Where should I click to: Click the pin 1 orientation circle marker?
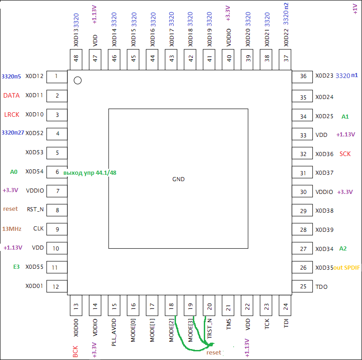pyautogui.click(x=78, y=81)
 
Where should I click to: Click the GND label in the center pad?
pyautogui.click(x=178, y=179)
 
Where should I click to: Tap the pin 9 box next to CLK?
pyautogui.click(x=57, y=229)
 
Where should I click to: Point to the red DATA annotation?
pyautogui.click(x=11, y=95)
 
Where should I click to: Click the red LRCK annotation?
pyautogui.click(x=11, y=115)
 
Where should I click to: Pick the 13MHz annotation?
pyautogui.click(x=11, y=229)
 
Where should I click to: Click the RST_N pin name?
pyautogui.click(x=35, y=210)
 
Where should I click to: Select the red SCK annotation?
pyautogui.click(x=345, y=154)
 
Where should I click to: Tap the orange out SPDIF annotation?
pyautogui.click(x=347, y=267)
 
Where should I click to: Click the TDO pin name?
pyautogui.click(x=322, y=287)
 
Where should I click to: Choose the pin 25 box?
pyautogui.click(x=303, y=287)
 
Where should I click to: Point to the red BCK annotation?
pyautogui.click(x=76, y=351)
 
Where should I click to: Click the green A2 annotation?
pyautogui.click(x=343, y=249)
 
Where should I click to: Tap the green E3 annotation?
pyautogui.click(x=16, y=267)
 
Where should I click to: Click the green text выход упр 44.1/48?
pyautogui.click(x=90, y=172)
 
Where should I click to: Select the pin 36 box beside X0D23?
pyautogui.click(x=303, y=77)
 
